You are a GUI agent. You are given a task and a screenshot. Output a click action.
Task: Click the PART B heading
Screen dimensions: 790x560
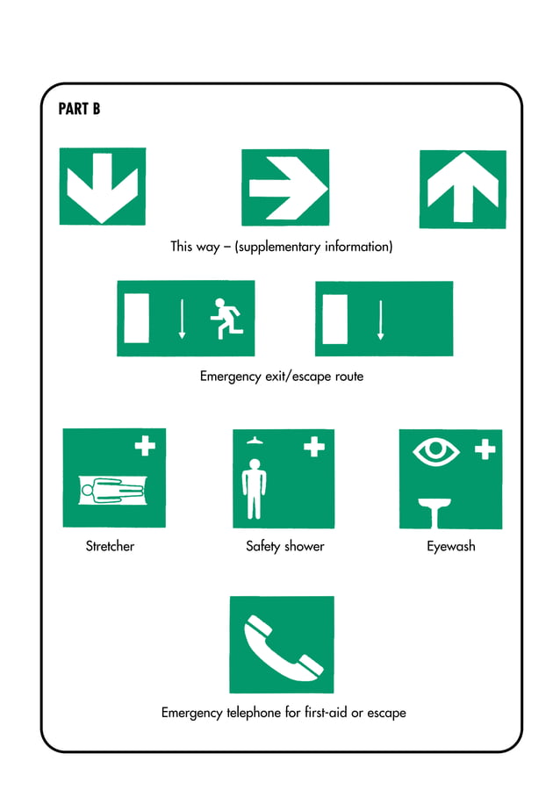(x=79, y=110)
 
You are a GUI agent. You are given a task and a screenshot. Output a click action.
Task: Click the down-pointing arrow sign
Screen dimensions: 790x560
(x=102, y=185)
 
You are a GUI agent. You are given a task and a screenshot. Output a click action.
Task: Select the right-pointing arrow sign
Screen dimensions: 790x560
(x=285, y=188)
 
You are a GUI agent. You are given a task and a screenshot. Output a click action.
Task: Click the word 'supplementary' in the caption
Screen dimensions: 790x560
(x=278, y=248)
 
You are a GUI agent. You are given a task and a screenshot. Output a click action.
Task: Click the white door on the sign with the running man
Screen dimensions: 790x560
(x=137, y=318)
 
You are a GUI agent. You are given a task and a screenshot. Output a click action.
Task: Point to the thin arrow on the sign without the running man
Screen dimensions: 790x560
(x=380, y=320)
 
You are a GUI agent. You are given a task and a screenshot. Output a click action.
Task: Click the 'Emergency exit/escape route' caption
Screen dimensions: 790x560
(x=281, y=377)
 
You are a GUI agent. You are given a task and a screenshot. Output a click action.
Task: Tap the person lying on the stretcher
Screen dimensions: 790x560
(x=112, y=488)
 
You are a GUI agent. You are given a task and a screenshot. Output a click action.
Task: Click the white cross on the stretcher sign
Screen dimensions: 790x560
(x=145, y=446)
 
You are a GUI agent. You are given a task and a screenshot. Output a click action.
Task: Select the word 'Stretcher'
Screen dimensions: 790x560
(x=110, y=547)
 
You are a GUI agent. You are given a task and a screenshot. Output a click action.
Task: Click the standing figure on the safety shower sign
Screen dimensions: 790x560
(x=255, y=486)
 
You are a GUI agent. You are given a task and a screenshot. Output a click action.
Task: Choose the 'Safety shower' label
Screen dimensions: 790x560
(x=285, y=547)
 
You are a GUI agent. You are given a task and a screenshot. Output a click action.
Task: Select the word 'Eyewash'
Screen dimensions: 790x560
(x=451, y=547)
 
